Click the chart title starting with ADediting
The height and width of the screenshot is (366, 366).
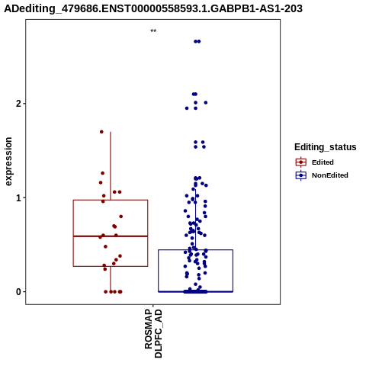pos(153,8)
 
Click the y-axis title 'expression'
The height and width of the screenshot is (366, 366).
pos(8,162)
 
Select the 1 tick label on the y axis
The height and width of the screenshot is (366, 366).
pos(18,197)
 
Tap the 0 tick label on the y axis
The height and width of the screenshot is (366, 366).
pos(18,292)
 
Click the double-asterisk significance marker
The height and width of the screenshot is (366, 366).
pos(153,31)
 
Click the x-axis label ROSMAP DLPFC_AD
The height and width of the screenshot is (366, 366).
pos(153,333)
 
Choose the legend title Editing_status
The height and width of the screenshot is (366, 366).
pos(326,147)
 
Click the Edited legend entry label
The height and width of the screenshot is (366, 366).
pos(323,162)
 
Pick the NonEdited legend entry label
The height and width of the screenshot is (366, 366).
pos(330,175)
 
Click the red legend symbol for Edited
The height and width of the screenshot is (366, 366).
pos(301,162)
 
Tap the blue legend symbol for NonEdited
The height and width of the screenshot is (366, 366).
pos(301,175)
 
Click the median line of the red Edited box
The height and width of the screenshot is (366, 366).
pos(111,236)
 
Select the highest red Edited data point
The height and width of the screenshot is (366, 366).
pos(101,132)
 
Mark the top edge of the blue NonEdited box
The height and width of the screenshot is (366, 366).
pos(196,250)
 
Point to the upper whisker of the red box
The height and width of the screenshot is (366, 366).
pos(111,166)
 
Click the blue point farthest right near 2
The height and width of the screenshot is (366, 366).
pos(206,103)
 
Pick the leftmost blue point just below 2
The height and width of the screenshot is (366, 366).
pos(187,108)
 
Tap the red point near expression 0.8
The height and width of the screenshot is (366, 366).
pos(121,217)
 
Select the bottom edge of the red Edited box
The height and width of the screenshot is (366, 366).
pos(111,266)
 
